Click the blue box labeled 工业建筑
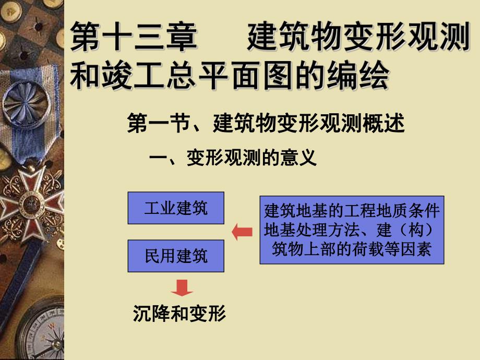tap(176, 208)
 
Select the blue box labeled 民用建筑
tap(176, 256)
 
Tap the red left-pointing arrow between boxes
tap(242, 232)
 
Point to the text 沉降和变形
tap(179, 314)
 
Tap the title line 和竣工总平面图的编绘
tap(230, 77)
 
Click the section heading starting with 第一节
tap(266, 125)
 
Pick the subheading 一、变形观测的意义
tap(233, 158)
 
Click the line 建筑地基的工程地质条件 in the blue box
tap(352, 211)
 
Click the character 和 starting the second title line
tap(84, 77)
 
